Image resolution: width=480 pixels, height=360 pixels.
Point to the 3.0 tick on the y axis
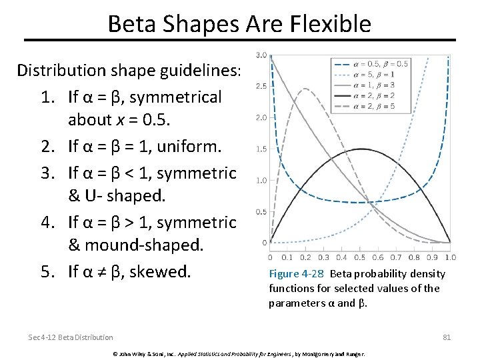261,55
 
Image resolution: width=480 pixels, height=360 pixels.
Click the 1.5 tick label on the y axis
261,149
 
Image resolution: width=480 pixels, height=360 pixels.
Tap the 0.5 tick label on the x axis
360,257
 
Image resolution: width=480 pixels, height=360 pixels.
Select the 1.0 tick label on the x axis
450,257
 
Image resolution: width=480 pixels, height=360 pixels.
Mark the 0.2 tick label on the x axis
306,257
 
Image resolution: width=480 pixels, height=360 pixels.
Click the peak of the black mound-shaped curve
360,149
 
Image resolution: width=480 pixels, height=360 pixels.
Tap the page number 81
447,337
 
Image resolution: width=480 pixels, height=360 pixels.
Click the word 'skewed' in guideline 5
164,272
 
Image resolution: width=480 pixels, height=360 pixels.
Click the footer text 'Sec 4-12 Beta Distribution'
71,337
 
